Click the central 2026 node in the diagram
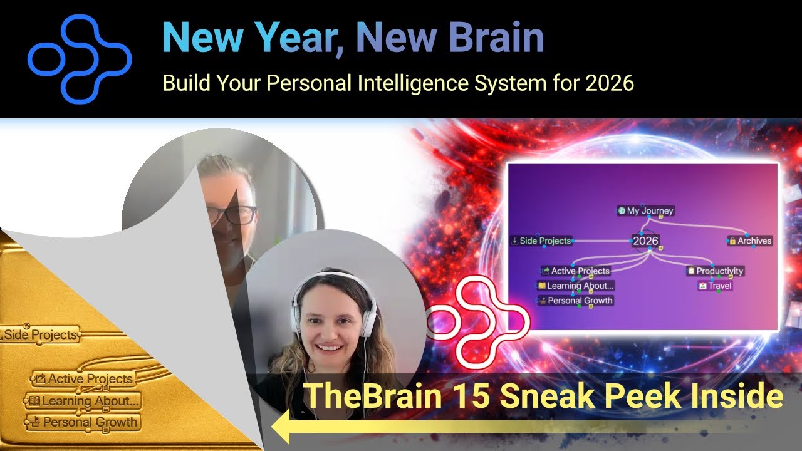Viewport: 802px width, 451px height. point(645,241)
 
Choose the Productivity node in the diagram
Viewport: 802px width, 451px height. point(716,271)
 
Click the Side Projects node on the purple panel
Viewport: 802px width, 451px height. point(541,241)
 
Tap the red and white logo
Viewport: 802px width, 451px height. point(478,322)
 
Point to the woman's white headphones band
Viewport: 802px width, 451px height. point(331,278)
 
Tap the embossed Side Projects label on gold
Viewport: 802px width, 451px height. point(41,335)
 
